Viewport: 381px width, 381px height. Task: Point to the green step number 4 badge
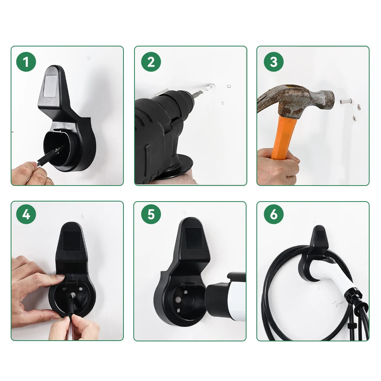tap(26, 215)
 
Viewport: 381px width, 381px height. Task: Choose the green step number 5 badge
tap(151, 215)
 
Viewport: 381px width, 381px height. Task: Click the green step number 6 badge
tap(274, 215)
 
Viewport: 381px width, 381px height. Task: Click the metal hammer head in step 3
tap(305, 100)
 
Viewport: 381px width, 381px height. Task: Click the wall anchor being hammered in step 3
tap(345, 102)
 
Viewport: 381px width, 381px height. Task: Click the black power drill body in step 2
tap(160, 130)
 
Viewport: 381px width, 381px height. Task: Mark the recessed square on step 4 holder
tap(71, 240)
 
